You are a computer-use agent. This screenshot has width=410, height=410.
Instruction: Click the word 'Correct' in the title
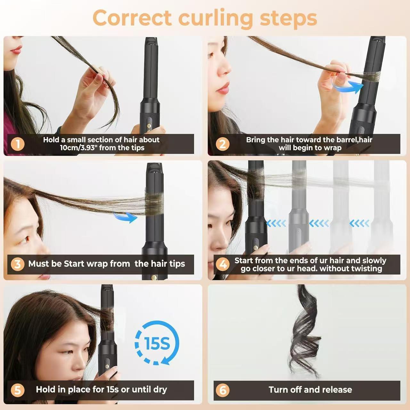[132, 18]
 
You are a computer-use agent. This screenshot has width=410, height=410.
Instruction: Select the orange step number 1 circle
[17, 144]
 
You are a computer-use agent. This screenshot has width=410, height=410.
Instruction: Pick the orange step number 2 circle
[222, 144]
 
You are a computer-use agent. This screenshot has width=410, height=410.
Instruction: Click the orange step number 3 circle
[17, 264]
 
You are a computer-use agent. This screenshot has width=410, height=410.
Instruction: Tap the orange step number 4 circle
[223, 264]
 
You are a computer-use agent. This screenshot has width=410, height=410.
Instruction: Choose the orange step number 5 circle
[17, 390]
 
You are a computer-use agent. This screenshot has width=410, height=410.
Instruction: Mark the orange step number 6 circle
[223, 390]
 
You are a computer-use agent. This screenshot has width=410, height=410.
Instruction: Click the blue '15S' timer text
[157, 343]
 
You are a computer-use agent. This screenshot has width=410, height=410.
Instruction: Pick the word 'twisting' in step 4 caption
[366, 269]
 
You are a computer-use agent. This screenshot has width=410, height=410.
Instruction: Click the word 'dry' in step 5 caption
[160, 389]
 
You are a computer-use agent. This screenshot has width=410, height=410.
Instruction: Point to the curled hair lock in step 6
[304, 333]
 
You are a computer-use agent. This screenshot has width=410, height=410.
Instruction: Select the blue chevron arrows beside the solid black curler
[276, 223]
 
